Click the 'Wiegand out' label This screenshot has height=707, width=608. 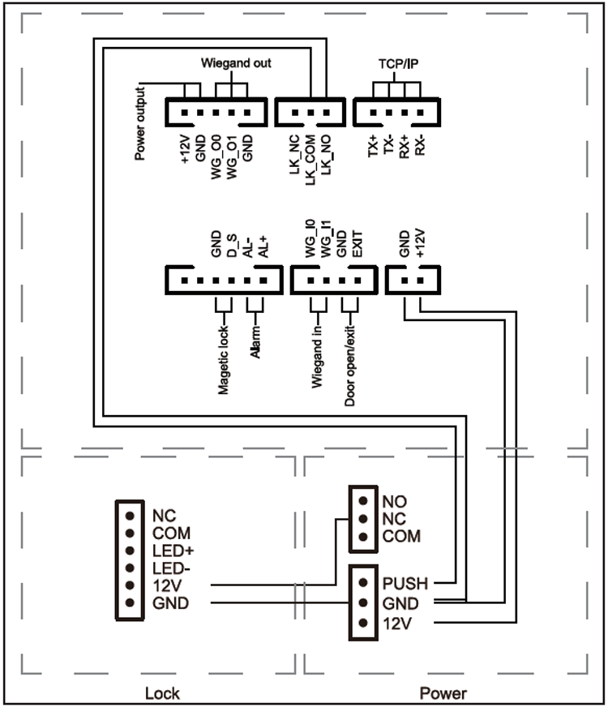[x=236, y=63]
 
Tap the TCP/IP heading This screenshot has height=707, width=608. [x=392, y=63]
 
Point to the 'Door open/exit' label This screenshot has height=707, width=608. [x=349, y=362]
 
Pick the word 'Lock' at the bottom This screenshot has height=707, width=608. [x=162, y=693]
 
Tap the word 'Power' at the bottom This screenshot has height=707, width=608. [x=443, y=693]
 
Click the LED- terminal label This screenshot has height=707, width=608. [x=170, y=568]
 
